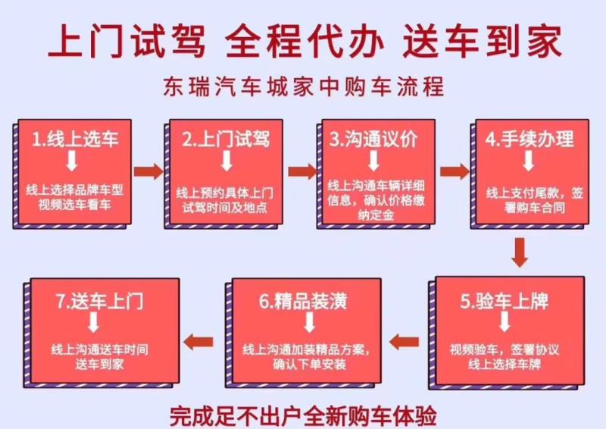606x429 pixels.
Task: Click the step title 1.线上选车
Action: pyautogui.click(x=75, y=139)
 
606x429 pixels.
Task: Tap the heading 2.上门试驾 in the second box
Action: pyautogui.click(x=226, y=139)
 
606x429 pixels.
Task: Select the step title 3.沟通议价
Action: pyautogui.click(x=373, y=139)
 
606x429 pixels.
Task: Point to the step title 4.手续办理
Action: pyautogui.click(x=529, y=139)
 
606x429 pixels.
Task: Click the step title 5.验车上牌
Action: pyautogui.click(x=504, y=302)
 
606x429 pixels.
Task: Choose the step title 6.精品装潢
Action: pyautogui.click(x=303, y=302)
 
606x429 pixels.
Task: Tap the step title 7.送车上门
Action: pyautogui.click(x=99, y=302)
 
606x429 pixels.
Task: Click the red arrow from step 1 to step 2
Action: pyautogui.click(x=148, y=171)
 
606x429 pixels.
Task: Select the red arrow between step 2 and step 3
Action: pyautogui.click(x=302, y=171)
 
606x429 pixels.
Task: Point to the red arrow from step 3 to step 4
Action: pyautogui.click(x=454, y=171)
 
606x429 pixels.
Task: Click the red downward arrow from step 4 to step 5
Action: pyautogui.click(x=520, y=252)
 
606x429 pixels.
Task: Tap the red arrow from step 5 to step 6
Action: pyautogui.click(x=405, y=342)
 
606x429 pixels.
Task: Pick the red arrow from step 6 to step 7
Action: pyautogui.click(x=198, y=342)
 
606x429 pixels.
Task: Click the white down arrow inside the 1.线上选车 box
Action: pyautogui.click(x=72, y=161)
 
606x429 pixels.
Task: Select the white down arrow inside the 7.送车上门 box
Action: pyautogui.click(x=93, y=322)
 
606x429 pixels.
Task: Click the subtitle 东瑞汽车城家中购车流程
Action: pyautogui.click(x=304, y=86)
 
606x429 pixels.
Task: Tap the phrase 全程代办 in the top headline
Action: pyautogui.click(x=305, y=41)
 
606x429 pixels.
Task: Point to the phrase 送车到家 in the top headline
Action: pyautogui.click(x=483, y=41)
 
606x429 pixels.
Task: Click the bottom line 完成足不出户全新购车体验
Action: pyautogui.click(x=304, y=416)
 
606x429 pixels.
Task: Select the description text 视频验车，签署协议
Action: pyautogui.click(x=504, y=349)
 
